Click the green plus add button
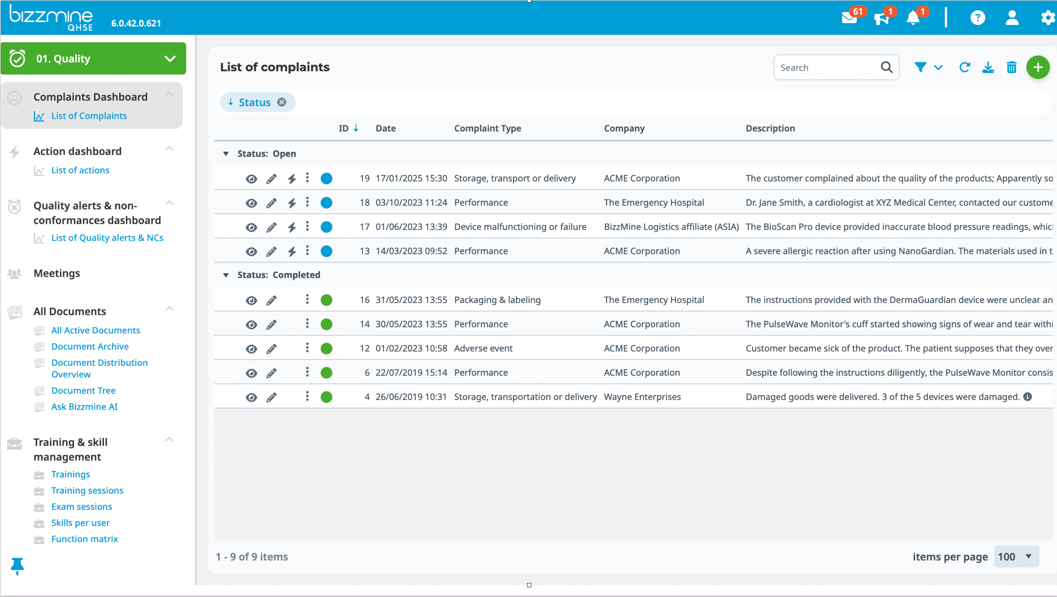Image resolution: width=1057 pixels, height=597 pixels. [x=1038, y=67]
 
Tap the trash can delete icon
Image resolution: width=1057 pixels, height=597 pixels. [x=1011, y=67]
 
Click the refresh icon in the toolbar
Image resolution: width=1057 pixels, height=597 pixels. [x=964, y=67]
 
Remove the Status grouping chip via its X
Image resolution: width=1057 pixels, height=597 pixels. [x=282, y=102]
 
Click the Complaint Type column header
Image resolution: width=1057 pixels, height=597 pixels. [x=488, y=128]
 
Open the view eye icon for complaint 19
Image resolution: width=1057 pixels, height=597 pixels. [x=251, y=179]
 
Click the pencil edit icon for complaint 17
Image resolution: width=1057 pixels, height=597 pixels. [x=271, y=227]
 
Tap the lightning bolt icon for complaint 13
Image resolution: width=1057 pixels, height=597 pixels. [x=292, y=251]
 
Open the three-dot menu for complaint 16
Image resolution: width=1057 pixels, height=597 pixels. [x=307, y=299]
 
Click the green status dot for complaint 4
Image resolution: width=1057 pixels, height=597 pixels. [x=326, y=397]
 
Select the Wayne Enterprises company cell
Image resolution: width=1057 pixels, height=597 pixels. [x=642, y=397]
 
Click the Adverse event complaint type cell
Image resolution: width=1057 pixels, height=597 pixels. [x=483, y=349]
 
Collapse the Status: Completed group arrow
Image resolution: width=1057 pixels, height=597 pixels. [x=226, y=275]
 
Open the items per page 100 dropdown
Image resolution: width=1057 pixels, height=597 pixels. [x=1016, y=557]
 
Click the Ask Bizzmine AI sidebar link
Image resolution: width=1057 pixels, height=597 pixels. [x=84, y=407]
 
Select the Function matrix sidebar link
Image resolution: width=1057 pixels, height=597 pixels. [x=84, y=539]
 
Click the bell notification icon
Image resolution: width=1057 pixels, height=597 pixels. [x=913, y=18]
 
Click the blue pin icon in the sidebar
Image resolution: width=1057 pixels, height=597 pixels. [x=17, y=566]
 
